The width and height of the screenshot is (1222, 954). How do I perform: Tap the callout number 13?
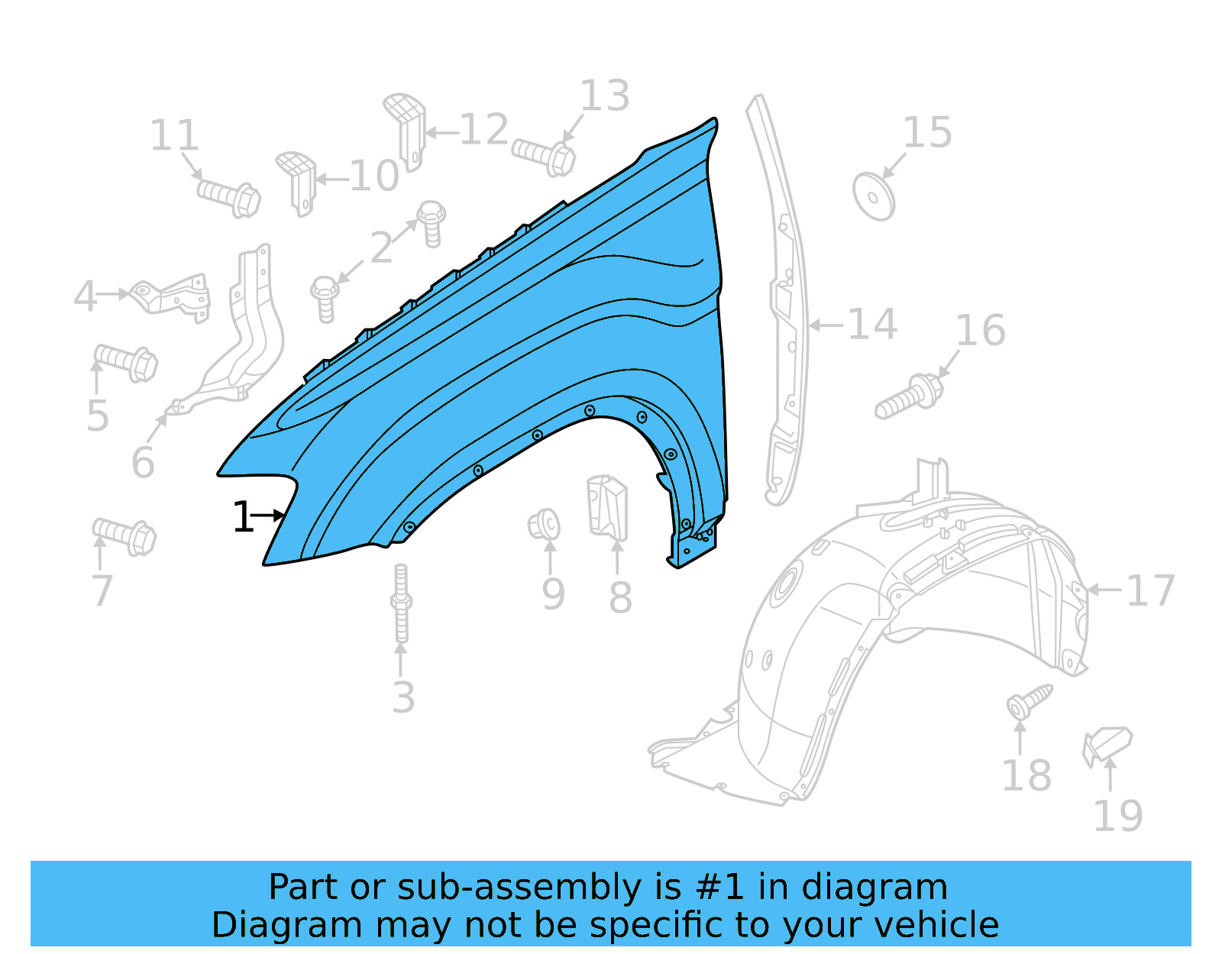tap(605, 96)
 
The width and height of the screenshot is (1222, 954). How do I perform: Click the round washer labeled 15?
tap(874, 197)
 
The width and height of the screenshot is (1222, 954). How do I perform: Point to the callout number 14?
tap(872, 325)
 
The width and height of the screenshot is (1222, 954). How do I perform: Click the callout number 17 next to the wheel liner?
tap(1150, 591)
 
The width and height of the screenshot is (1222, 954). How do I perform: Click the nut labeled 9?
tap(544, 526)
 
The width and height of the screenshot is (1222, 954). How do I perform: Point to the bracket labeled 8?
tap(608, 506)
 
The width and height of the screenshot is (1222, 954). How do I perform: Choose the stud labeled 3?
tap(401, 603)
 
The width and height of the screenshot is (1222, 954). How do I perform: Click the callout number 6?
tap(143, 463)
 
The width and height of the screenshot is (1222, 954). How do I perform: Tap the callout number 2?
tap(381, 247)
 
